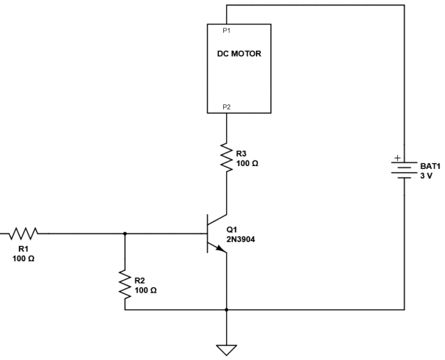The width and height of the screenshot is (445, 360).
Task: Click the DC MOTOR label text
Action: pyautogui.click(x=238, y=53)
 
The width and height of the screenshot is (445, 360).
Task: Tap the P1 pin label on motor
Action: pyautogui.click(x=227, y=31)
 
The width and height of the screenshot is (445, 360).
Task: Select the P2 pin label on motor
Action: pyautogui.click(x=227, y=107)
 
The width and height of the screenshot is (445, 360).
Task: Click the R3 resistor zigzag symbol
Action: pyautogui.click(x=226, y=157)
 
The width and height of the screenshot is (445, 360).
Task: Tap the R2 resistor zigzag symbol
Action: pyautogui.click(x=124, y=285)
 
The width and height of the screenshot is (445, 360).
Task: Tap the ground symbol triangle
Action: pyautogui.click(x=226, y=349)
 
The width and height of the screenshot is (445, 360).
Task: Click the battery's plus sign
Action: pyautogui.click(x=397, y=158)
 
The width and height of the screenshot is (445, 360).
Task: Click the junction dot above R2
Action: pyautogui.click(x=124, y=234)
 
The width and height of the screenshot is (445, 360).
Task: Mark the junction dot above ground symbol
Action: pyautogui.click(x=226, y=310)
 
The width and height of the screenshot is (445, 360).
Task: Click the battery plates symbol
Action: pyautogui.click(x=404, y=170)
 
